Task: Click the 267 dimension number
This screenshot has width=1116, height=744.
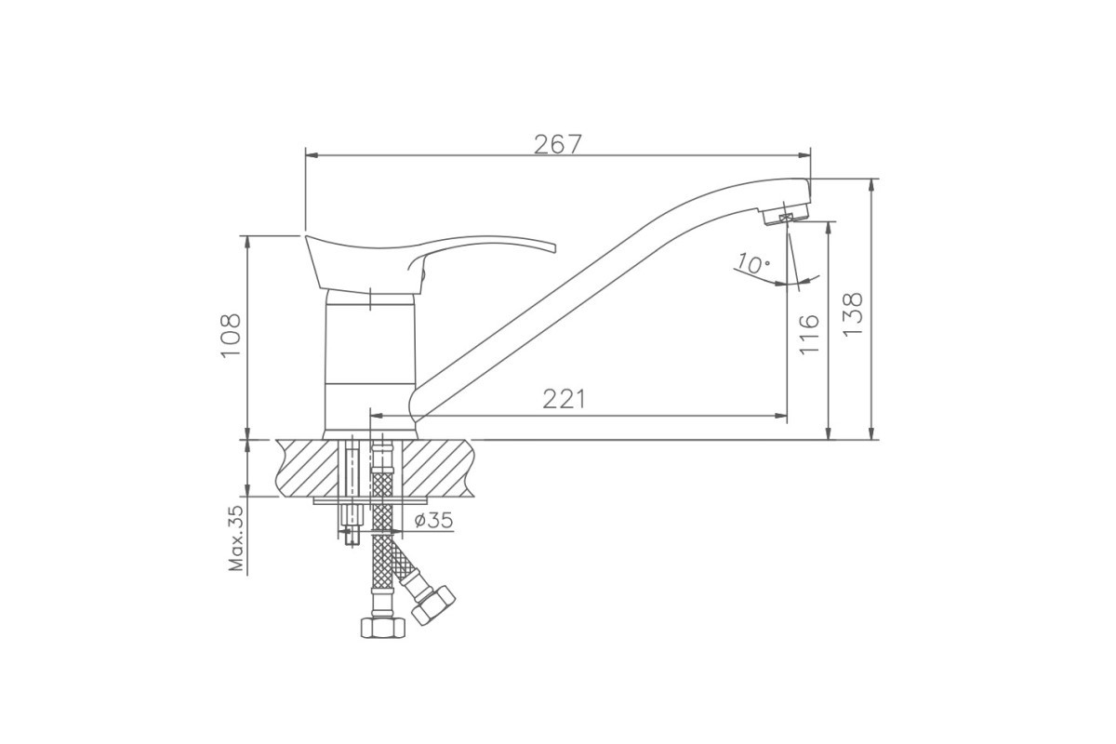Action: pos(557,144)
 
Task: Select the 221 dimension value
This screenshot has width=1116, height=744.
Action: pos(564,399)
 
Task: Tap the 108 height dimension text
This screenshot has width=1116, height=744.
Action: pos(231,336)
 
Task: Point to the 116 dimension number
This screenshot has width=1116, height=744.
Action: pos(808,334)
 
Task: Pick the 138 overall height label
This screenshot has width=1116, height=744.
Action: pos(853,314)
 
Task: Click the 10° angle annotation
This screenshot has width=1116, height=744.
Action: pos(753,263)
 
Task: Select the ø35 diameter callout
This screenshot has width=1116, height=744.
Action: pos(433,520)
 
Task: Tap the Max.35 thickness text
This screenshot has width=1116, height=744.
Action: pos(236,538)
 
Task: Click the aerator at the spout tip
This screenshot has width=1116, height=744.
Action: pos(785,215)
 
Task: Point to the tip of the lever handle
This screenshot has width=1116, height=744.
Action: pos(554,248)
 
